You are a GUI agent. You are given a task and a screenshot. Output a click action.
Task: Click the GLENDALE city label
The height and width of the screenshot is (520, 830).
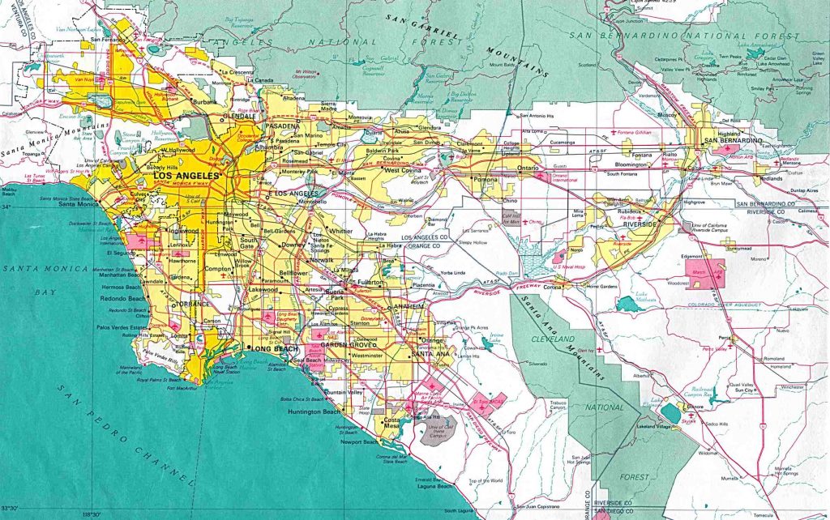click(241, 116)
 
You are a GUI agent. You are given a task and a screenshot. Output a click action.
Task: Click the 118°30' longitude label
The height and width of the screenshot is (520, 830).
click(92, 514)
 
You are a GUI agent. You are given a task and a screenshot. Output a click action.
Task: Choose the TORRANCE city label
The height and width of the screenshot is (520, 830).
click(192, 304)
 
